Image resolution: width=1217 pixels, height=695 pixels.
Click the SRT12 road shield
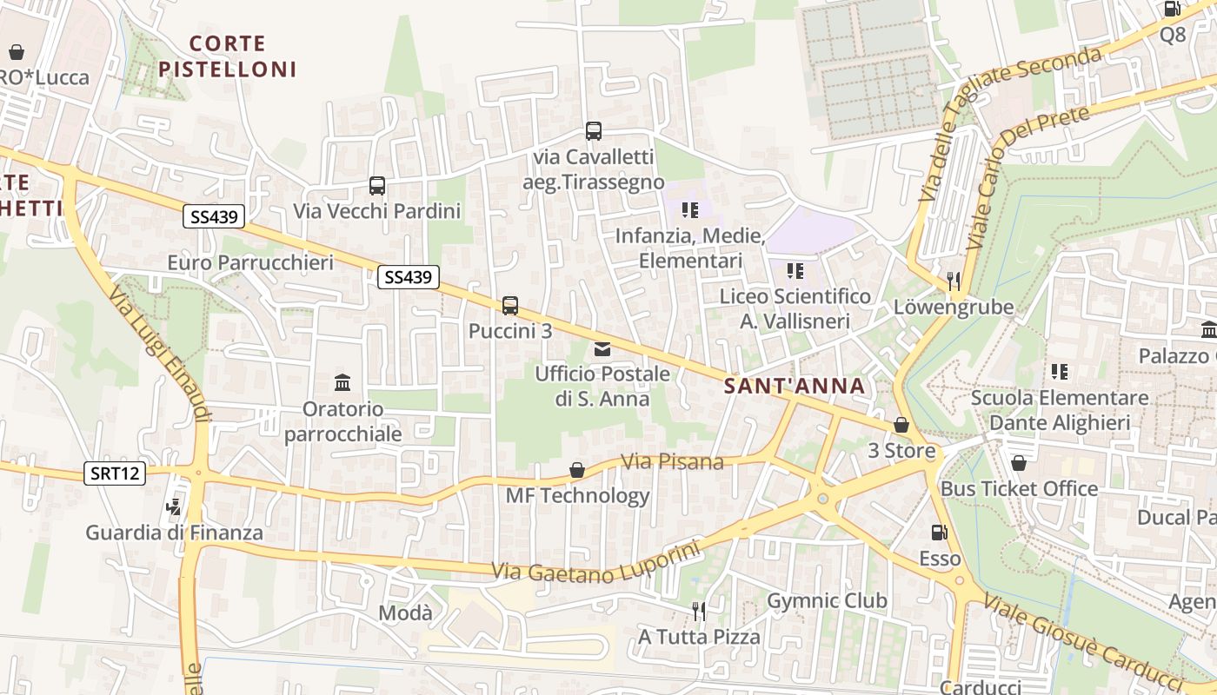click(115, 473)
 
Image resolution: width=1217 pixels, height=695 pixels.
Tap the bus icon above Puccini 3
click(510, 306)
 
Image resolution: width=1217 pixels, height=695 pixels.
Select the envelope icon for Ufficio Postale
click(602, 349)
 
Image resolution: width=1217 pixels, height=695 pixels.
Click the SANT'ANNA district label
click(795, 387)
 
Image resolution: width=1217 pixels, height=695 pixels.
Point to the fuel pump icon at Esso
click(939, 533)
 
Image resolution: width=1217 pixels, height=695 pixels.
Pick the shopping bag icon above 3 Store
click(901, 426)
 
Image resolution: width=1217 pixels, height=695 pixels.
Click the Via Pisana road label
click(673, 461)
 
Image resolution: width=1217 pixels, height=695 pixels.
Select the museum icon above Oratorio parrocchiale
click(342, 382)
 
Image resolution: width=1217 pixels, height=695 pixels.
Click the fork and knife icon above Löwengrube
click(954, 281)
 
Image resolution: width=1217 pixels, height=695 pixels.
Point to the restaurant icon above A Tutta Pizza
click(698, 611)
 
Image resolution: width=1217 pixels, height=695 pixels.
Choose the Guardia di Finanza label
click(174, 533)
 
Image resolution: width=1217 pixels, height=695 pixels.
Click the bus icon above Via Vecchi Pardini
click(376, 185)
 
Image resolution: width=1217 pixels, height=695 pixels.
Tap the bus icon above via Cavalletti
click(594, 131)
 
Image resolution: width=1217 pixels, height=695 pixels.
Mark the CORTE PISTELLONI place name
click(228, 56)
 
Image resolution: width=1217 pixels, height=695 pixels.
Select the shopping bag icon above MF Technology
click(576, 470)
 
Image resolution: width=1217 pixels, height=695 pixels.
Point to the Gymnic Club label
click(827, 600)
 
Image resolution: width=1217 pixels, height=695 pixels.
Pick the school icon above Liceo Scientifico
click(795, 271)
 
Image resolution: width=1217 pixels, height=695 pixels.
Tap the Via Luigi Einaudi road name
click(161, 356)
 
